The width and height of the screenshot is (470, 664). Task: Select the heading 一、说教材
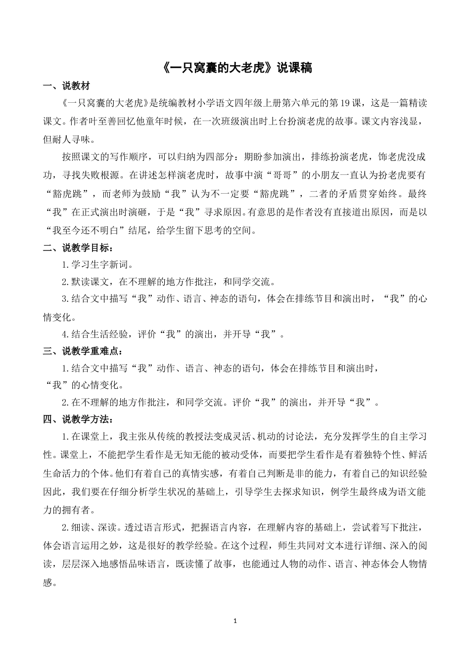[x=67, y=87]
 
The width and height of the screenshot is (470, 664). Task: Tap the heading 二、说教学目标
[x=78, y=248]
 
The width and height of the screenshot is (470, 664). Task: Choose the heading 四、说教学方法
[x=78, y=419]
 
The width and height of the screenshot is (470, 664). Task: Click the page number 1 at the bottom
[x=235, y=620]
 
